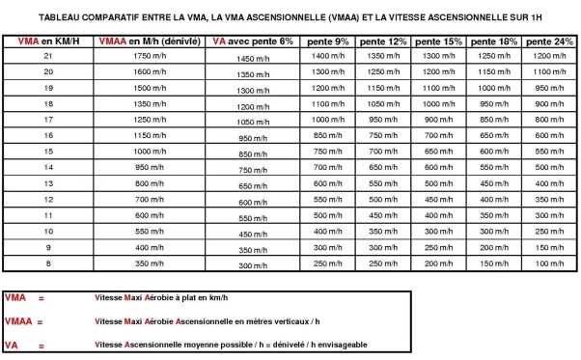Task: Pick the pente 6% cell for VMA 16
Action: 254,138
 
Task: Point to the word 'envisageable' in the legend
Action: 335,344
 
